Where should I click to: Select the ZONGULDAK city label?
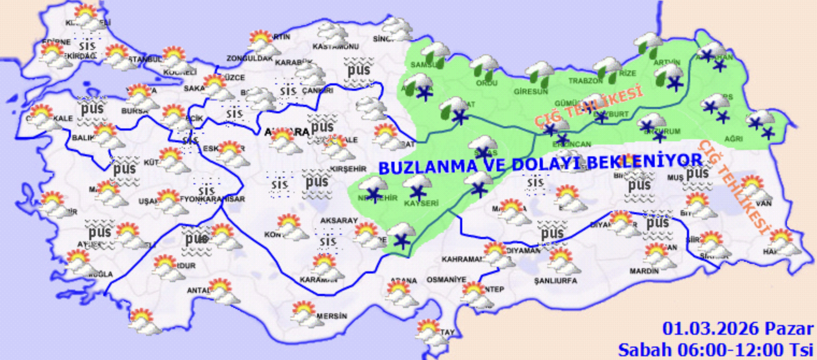[249, 58]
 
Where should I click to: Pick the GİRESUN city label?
[526, 91]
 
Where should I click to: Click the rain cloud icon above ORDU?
[484, 66]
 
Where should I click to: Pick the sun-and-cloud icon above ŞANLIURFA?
[563, 261]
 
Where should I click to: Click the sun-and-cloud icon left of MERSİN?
[303, 314]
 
